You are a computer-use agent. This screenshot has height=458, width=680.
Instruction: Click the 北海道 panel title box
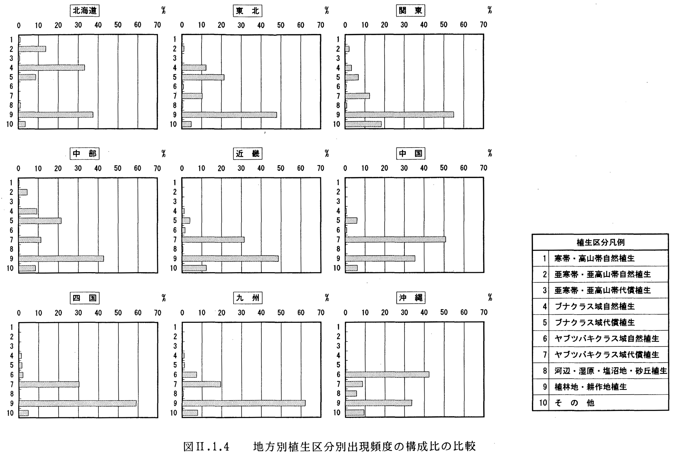(84, 11)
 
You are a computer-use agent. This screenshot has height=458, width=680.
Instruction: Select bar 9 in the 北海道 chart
(56, 115)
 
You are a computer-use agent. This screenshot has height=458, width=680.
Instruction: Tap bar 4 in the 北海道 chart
(52, 68)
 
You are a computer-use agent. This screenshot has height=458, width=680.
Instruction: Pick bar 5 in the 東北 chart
(203, 77)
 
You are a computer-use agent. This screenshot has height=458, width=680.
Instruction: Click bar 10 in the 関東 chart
(363, 124)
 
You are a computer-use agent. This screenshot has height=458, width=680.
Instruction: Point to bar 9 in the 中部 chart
(61, 258)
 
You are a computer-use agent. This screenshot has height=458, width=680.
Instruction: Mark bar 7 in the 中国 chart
(396, 239)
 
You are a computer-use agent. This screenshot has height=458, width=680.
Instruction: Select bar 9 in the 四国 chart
(78, 403)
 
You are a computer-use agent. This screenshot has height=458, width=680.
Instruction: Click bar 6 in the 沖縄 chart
(387, 374)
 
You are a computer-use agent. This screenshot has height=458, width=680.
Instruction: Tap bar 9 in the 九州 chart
(244, 403)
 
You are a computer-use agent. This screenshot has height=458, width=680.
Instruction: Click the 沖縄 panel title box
(411, 298)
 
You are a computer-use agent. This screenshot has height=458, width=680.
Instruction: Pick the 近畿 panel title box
(248, 154)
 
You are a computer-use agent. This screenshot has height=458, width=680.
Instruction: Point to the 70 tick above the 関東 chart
(483, 25)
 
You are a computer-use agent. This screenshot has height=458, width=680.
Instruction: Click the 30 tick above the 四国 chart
(78, 313)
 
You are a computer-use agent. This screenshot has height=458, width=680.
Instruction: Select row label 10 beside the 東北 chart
(173, 124)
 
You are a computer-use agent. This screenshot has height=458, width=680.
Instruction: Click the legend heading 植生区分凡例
(601, 242)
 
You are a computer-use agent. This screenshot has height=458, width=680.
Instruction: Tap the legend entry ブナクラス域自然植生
(595, 307)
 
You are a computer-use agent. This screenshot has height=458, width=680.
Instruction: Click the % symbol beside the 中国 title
(490, 153)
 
